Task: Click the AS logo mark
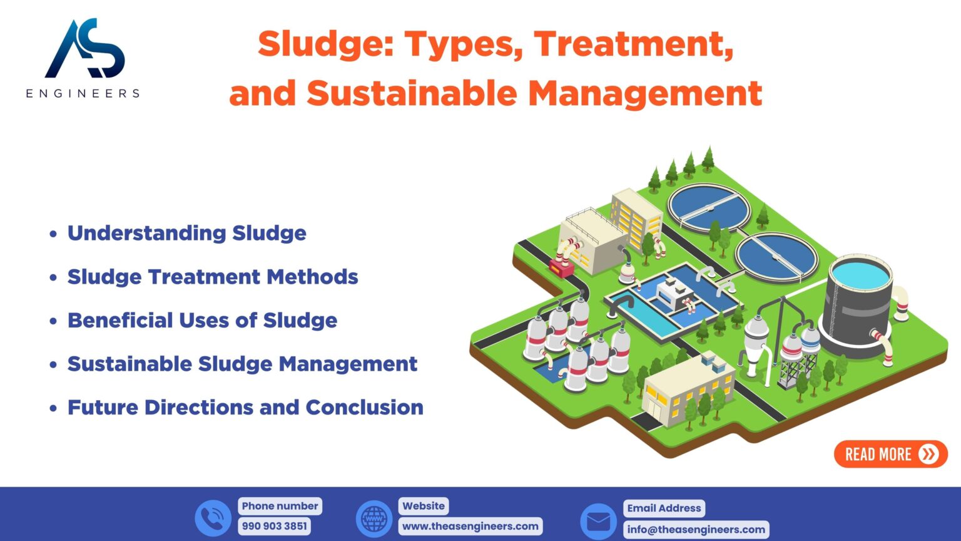click(x=86, y=48)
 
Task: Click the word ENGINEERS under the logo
click(x=83, y=93)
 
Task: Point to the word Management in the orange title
click(x=645, y=93)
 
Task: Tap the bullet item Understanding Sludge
click(x=187, y=233)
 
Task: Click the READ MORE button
click(x=891, y=454)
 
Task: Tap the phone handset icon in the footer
click(x=213, y=518)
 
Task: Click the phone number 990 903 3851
click(x=275, y=526)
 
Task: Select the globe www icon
click(x=374, y=518)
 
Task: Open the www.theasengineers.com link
click(x=470, y=526)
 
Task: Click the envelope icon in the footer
click(x=599, y=522)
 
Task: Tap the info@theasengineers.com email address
click(x=696, y=529)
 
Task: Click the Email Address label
click(x=664, y=508)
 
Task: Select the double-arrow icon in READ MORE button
click(x=929, y=454)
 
